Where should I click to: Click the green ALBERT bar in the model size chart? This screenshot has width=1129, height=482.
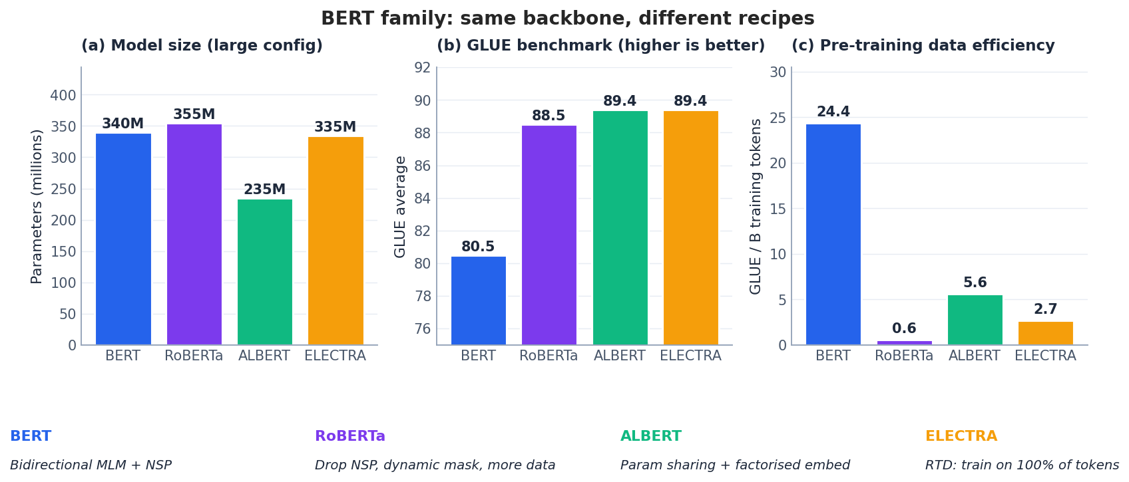click(x=264, y=272)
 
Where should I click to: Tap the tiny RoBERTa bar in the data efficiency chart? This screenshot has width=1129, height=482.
click(x=904, y=343)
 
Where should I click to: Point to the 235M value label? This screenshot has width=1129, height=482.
click(x=264, y=189)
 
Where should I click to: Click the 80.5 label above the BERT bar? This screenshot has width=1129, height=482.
click(x=478, y=247)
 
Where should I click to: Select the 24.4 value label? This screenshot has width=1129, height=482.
click(x=833, y=112)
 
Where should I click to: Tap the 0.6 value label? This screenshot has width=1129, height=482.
click(x=904, y=328)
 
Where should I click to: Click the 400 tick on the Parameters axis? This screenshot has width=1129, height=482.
click(x=63, y=96)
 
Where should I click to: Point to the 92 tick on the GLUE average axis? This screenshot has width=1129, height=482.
click(x=422, y=68)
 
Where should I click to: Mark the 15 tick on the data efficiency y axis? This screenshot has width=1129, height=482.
click(x=778, y=209)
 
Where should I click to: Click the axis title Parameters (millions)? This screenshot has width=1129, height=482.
click(x=37, y=206)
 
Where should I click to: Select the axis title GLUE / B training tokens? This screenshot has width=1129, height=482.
click(x=756, y=206)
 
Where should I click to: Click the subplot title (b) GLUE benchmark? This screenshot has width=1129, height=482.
click(x=600, y=46)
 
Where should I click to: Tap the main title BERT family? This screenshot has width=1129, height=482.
click(x=567, y=19)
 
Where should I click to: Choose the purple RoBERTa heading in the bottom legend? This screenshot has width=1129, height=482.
click(x=349, y=437)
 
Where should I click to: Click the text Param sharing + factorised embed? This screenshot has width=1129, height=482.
click(x=735, y=465)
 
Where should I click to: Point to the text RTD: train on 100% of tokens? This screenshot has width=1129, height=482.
click(x=1022, y=465)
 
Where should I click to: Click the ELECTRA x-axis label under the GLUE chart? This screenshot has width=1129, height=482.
click(x=690, y=356)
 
